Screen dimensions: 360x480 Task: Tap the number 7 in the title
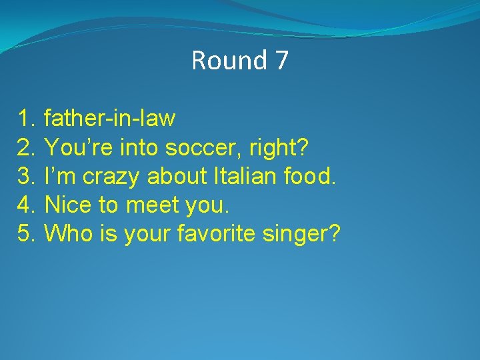click(x=281, y=61)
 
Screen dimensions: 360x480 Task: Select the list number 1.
click(x=26, y=119)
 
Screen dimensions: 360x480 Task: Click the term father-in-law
click(x=109, y=119)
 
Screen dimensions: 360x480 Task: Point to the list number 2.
click(x=26, y=147)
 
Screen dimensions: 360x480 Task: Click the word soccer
click(x=199, y=147)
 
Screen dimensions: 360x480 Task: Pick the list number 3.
click(x=26, y=177)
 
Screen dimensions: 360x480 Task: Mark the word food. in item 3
click(x=311, y=177)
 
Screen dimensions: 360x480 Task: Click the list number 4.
click(x=26, y=205)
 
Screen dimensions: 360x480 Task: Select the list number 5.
click(x=26, y=234)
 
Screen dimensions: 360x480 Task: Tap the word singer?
click(x=308, y=234)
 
